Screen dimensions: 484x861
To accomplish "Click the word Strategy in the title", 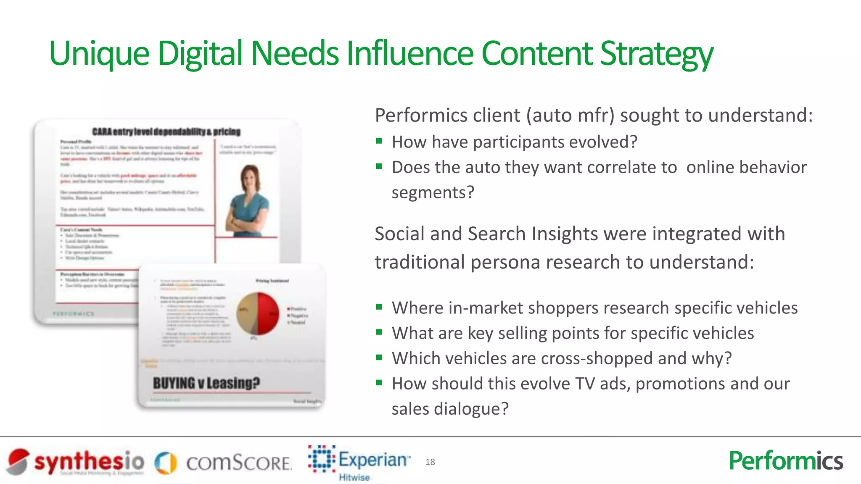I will tap(657, 54).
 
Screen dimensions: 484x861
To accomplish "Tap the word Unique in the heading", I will tap(99, 54).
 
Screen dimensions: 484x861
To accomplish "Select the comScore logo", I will tap(223, 463).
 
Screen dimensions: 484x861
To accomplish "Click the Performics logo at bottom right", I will tap(786, 461).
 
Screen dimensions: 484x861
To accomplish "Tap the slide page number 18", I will tap(430, 462).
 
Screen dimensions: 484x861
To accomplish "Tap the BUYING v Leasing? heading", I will tap(206, 383).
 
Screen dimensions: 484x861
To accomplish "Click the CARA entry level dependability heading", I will tap(166, 132).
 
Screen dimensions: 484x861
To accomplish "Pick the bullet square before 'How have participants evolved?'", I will tap(379, 141).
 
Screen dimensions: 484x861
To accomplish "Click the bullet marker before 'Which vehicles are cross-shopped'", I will tap(379, 358).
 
